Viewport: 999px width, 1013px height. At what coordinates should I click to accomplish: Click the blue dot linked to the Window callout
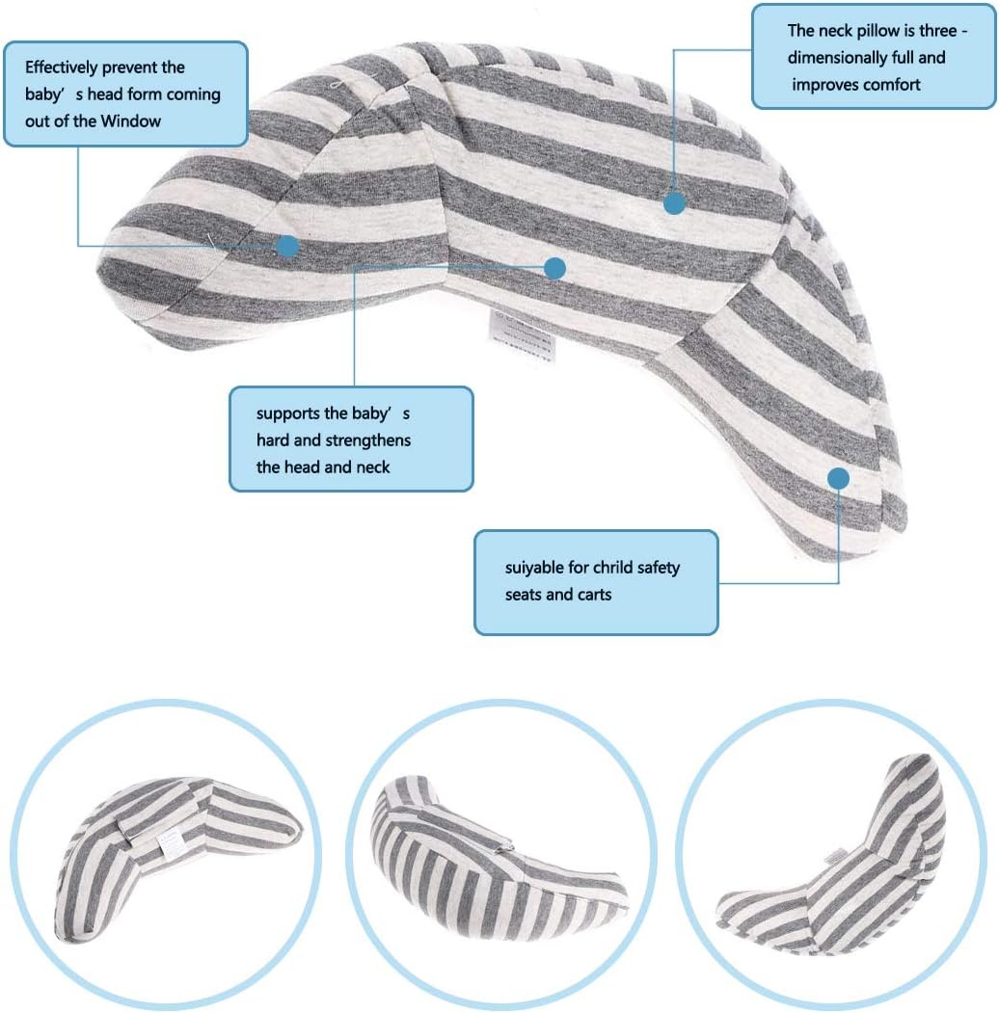coord(287,246)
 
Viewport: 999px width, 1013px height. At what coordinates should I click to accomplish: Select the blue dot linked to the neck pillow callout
coord(674,203)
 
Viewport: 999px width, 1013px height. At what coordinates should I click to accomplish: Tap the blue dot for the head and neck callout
coord(555,268)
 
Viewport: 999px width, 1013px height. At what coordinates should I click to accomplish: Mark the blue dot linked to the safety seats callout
coord(838,479)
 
